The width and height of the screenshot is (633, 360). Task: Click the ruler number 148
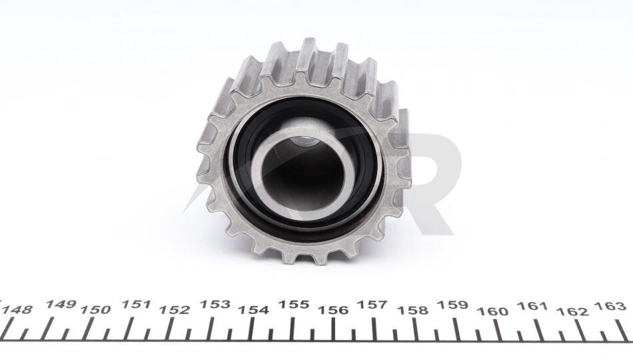17,310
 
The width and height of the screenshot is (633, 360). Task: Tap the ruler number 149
61,304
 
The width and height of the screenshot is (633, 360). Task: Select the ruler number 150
95,310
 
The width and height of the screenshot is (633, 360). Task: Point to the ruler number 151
136,304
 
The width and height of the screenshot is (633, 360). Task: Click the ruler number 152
174,310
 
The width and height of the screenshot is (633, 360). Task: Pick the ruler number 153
215,304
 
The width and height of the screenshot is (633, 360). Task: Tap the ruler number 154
253,310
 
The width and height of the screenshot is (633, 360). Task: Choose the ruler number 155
294,304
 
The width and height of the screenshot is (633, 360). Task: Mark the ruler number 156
333,310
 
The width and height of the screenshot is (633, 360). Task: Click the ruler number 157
372,304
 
